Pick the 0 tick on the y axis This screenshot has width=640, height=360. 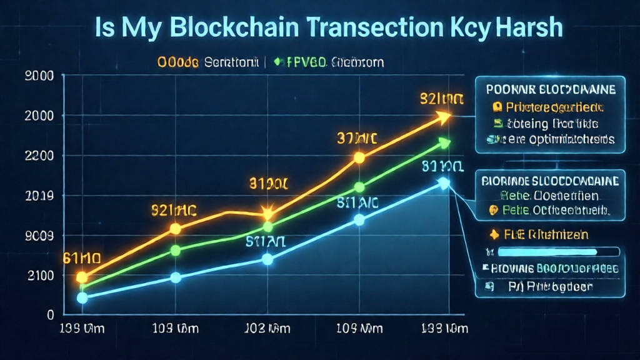[51, 316]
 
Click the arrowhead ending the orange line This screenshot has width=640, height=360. [444, 116]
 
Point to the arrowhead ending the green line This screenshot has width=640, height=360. [444, 143]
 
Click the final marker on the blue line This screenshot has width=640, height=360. [444, 183]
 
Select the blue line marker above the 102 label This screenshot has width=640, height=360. [267, 259]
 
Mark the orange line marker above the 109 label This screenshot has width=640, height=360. [359, 157]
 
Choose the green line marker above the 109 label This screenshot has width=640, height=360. [359, 187]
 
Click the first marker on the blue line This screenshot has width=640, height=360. [82, 297]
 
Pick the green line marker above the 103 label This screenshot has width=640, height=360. [176, 251]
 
